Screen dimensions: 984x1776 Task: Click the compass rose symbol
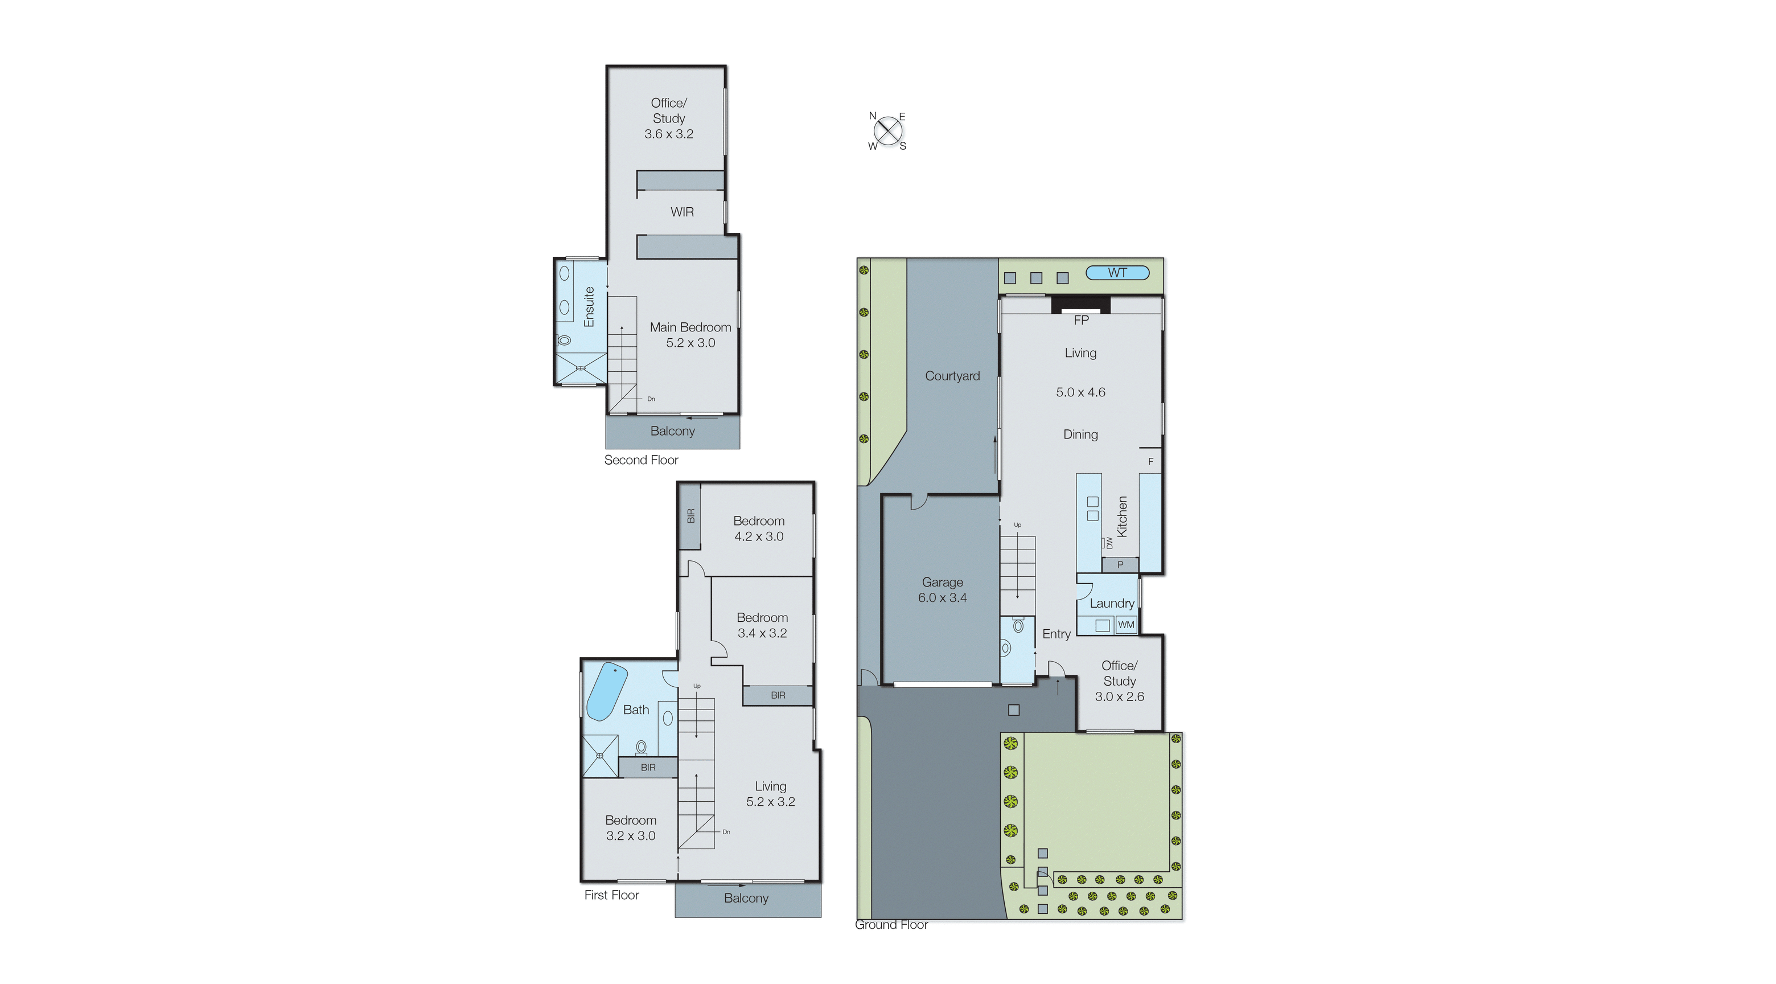coord(887,131)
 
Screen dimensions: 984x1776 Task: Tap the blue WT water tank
coord(1117,273)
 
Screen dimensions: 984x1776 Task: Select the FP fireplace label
coord(1081,320)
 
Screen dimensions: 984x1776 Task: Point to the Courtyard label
coord(952,376)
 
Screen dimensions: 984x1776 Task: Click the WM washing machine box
coord(1126,625)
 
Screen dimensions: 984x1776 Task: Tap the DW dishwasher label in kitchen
coord(1109,543)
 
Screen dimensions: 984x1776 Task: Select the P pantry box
coord(1120,565)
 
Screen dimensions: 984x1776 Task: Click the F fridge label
coord(1150,462)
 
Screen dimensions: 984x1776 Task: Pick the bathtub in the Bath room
coord(606,691)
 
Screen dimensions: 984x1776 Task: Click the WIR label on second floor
coord(682,212)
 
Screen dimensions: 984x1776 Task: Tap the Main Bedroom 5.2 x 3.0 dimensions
coord(690,343)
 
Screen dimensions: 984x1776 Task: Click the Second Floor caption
coord(641,460)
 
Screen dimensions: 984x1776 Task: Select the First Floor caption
coord(611,895)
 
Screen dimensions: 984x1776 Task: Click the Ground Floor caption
coord(891,925)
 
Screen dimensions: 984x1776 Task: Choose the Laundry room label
coord(1111,604)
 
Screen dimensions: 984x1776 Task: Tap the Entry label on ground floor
coord(1056,634)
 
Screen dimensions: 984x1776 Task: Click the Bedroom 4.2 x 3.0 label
coord(758,529)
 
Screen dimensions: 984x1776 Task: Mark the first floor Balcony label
coord(746,899)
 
